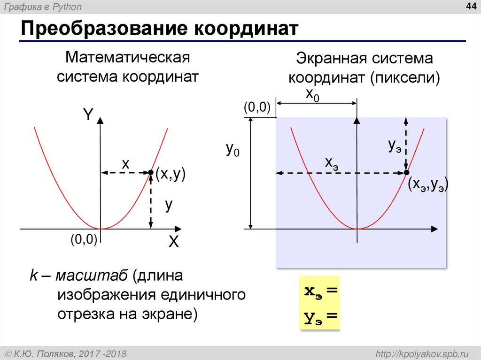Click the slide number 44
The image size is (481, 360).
coord(470,6)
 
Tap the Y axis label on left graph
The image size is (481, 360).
coord(88,114)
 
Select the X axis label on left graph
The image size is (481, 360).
coord(174,242)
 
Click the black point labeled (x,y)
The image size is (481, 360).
coord(150,173)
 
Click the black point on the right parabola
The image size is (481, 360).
coord(406,173)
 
